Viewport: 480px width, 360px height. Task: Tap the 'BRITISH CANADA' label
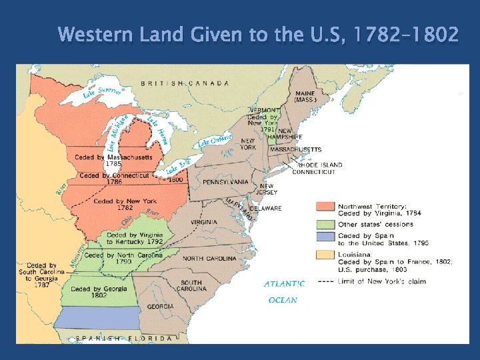(185, 84)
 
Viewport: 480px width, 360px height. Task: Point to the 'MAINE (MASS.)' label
(305, 97)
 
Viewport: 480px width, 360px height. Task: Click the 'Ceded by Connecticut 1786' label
(114, 179)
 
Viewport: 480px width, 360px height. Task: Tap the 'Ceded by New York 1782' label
(125, 204)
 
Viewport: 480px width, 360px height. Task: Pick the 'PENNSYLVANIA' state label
(226, 181)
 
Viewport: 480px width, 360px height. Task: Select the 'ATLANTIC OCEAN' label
(284, 291)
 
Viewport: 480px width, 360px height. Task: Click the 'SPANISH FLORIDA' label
(123, 338)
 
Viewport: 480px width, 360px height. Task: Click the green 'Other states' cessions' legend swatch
(325, 224)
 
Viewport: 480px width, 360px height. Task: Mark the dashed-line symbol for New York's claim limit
(325, 281)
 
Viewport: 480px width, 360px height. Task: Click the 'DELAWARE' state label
(267, 208)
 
